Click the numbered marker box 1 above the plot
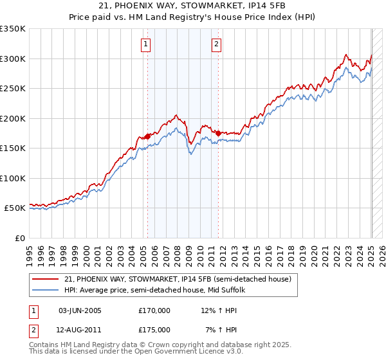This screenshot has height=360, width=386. tap(147, 44)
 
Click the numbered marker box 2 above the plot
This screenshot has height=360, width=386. tap(217, 44)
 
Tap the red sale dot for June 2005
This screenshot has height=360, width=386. tap(147, 136)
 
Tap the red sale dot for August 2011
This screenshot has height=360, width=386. tap(218, 133)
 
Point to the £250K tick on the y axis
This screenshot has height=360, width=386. tap(13, 89)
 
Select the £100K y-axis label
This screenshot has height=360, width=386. tap(13, 178)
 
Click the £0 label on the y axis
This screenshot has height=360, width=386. tap(19, 238)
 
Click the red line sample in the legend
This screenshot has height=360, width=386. tap(46, 279)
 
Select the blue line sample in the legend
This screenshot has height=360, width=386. tap(46, 290)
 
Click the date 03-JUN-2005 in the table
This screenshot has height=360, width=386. tap(80, 310)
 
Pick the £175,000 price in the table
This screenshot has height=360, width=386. tap(154, 330)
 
